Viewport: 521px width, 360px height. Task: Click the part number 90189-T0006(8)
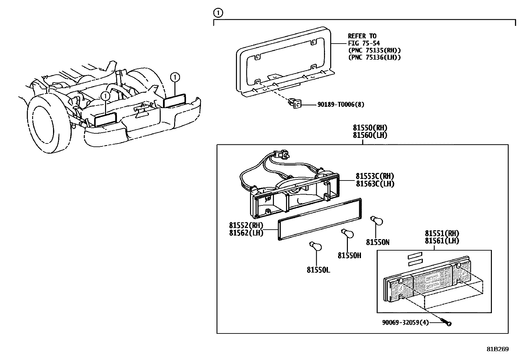click(x=341, y=104)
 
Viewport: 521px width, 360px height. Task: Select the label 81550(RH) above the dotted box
click(x=370, y=128)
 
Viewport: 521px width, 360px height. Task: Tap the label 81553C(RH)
click(x=375, y=176)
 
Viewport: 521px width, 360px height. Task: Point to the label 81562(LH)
click(x=246, y=233)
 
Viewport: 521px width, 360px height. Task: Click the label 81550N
click(x=378, y=242)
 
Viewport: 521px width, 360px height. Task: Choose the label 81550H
click(x=349, y=256)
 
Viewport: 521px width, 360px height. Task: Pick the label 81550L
click(x=318, y=270)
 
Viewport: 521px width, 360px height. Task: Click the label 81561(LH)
click(x=442, y=240)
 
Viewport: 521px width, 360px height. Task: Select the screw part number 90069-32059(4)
click(x=405, y=323)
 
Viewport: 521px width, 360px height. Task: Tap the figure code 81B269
click(x=498, y=349)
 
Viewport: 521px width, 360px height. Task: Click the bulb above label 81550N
click(x=377, y=220)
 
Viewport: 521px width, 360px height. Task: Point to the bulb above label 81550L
click(x=315, y=246)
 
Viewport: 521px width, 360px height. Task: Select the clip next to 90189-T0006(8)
click(x=295, y=104)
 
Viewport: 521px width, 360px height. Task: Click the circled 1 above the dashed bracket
click(x=218, y=13)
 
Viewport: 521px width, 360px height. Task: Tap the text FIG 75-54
click(x=364, y=43)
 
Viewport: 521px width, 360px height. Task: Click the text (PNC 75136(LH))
click(x=374, y=57)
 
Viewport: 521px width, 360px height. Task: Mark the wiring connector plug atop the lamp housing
click(x=281, y=154)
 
